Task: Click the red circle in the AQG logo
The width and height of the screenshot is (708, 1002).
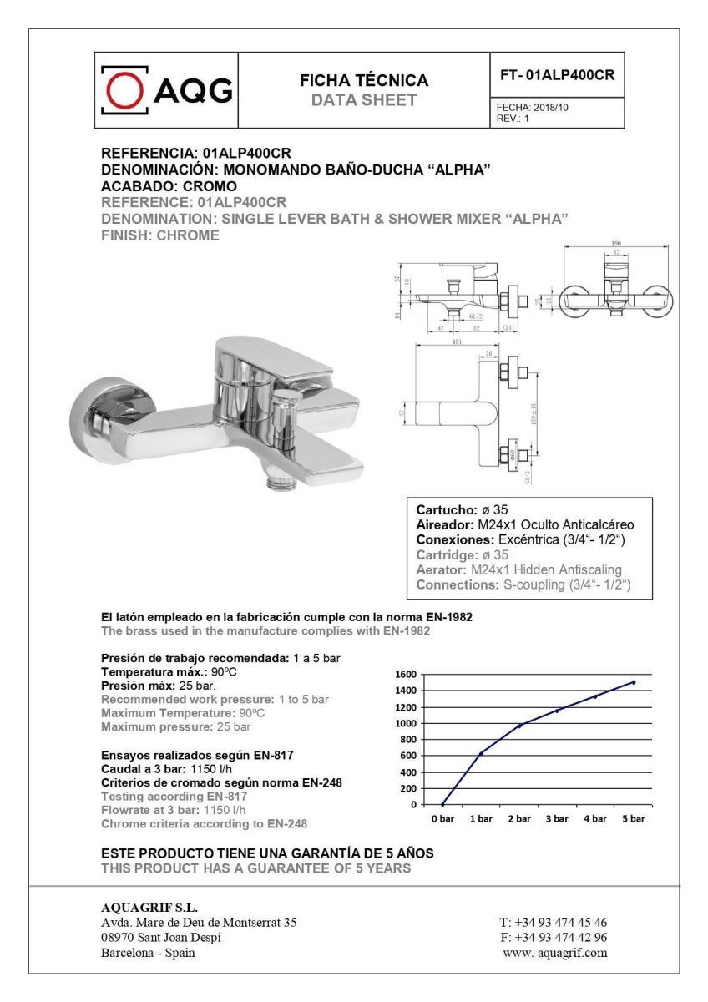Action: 125,89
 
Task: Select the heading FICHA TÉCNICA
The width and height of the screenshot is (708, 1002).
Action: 363,81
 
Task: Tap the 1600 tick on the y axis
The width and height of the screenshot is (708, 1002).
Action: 406,674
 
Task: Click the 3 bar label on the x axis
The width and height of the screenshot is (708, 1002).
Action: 557,819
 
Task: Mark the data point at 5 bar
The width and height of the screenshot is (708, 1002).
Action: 634,682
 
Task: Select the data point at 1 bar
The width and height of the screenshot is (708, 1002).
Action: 481,753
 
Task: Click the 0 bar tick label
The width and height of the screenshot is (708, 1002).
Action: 442,819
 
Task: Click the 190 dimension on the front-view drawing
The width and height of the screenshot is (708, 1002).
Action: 615,244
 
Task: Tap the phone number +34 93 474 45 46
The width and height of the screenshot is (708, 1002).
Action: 554,923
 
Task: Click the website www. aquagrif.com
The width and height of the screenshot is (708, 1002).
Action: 554,953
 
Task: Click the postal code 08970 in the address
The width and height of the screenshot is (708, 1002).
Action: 117,938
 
